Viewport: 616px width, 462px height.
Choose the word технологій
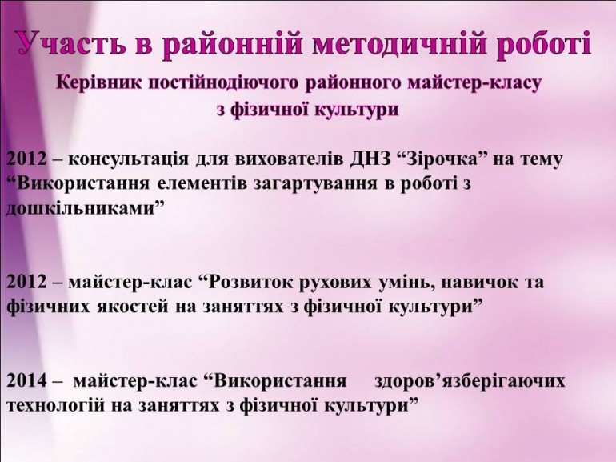click(55, 406)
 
